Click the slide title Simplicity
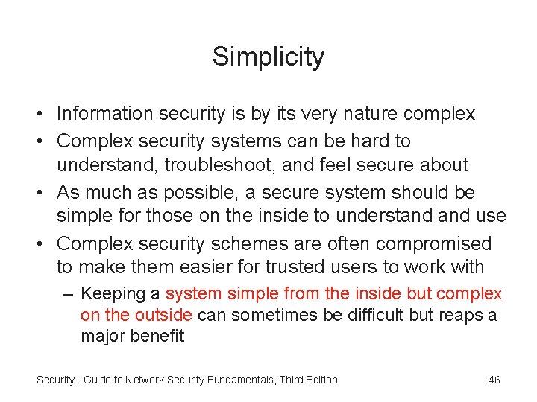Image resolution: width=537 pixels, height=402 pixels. point(268,57)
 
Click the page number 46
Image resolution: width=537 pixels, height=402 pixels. point(494,380)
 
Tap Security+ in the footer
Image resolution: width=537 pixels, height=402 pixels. point(60,380)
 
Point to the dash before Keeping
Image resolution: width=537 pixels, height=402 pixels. point(69,294)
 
